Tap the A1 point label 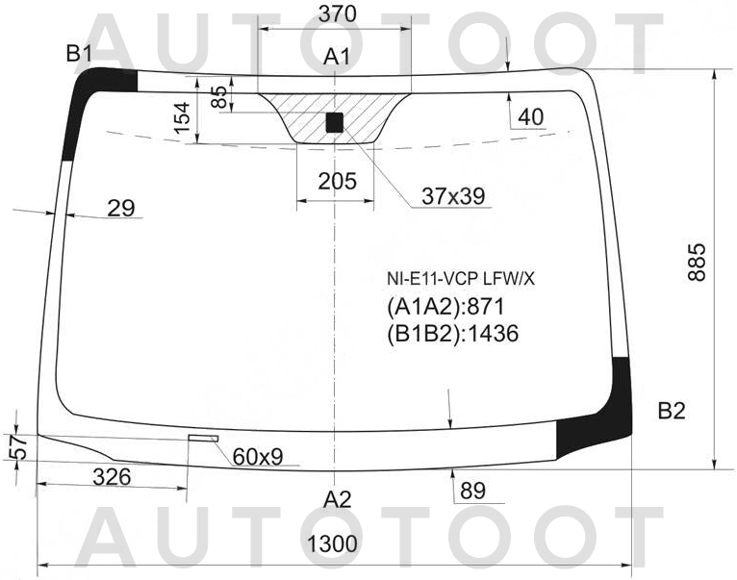pyautogui.click(x=336, y=59)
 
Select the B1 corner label pyautogui.click(x=79, y=54)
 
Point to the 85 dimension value pyautogui.click(x=219, y=97)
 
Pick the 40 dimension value pyautogui.click(x=530, y=117)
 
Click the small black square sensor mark pyautogui.click(x=334, y=121)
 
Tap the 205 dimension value pyautogui.click(x=336, y=182)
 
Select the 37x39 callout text pyautogui.click(x=452, y=197)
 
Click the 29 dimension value pyautogui.click(x=121, y=207)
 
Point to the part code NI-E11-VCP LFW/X pyautogui.click(x=460, y=280)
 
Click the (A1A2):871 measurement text pyautogui.click(x=445, y=308)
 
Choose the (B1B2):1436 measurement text pyautogui.click(x=452, y=334)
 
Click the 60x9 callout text pyautogui.click(x=257, y=456)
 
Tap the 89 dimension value pyautogui.click(x=472, y=491)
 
